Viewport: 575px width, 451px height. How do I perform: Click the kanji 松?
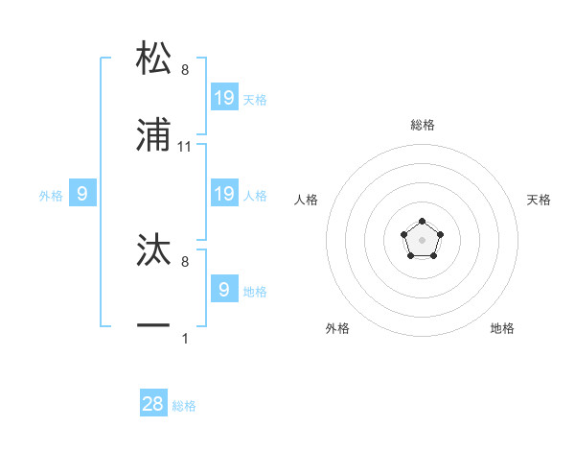(x=153, y=58)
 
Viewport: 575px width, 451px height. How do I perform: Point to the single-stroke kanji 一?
(x=153, y=326)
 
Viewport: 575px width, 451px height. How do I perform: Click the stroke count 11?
(x=186, y=147)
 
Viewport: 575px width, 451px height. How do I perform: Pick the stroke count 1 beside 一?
(x=185, y=338)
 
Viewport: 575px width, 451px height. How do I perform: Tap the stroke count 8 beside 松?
(x=185, y=70)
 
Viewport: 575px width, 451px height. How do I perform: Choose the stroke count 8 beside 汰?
(x=185, y=261)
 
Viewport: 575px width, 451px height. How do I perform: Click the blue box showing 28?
(x=153, y=404)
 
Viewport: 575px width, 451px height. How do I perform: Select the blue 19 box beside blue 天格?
(x=224, y=97)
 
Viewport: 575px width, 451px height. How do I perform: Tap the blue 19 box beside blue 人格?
(x=224, y=194)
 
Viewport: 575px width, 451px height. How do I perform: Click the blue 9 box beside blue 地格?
(x=224, y=289)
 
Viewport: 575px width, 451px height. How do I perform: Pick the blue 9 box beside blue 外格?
(x=82, y=194)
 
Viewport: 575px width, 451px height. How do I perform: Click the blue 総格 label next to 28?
(x=184, y=406)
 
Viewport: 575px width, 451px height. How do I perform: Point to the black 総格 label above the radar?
(x=423, y=125)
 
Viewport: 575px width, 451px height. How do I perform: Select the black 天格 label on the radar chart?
(x=540, y=200)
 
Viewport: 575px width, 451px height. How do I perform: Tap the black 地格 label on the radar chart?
(x=502, y=328)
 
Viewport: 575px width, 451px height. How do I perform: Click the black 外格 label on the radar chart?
(x=337, y=328)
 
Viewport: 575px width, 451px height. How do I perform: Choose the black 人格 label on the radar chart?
(x=307, y=200)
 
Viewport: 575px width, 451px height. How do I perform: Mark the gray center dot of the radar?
(x=422, y=239)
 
